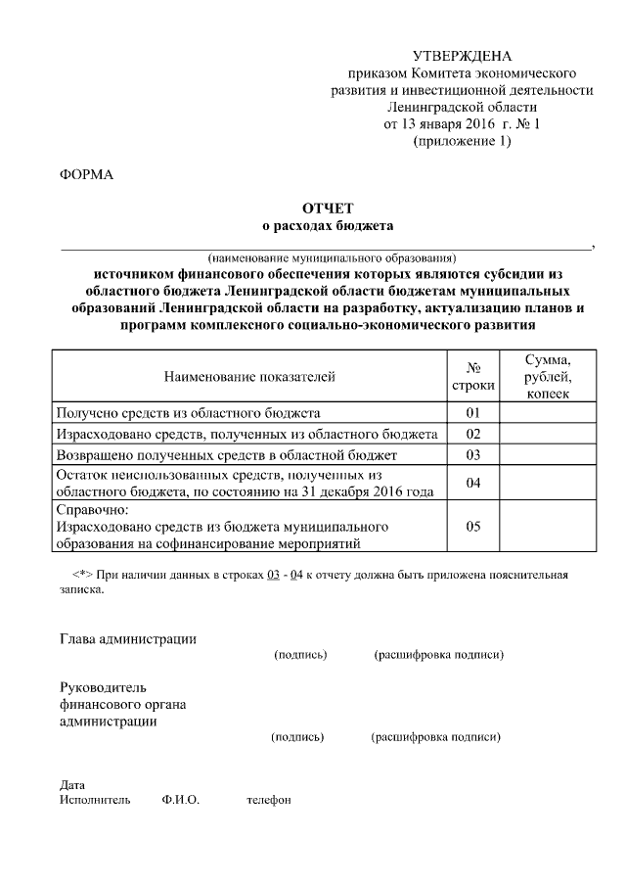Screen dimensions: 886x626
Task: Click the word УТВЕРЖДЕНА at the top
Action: point(462,55)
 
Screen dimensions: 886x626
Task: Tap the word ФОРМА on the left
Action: point(86,175)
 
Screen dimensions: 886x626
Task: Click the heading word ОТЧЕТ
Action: point(327,209)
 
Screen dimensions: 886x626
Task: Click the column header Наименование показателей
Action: point(248,376)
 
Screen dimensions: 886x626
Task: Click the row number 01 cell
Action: point(473,412)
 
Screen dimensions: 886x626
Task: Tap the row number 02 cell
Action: point(473,434)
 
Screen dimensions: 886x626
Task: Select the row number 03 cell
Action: point(473,455)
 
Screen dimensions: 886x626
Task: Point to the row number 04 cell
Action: point(473,484)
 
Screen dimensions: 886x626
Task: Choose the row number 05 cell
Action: point(473,527)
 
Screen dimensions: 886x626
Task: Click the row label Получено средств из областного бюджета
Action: point(187,412)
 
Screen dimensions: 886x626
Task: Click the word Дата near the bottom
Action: point(72,785)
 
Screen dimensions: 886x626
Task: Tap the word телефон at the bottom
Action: point(269,800)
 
